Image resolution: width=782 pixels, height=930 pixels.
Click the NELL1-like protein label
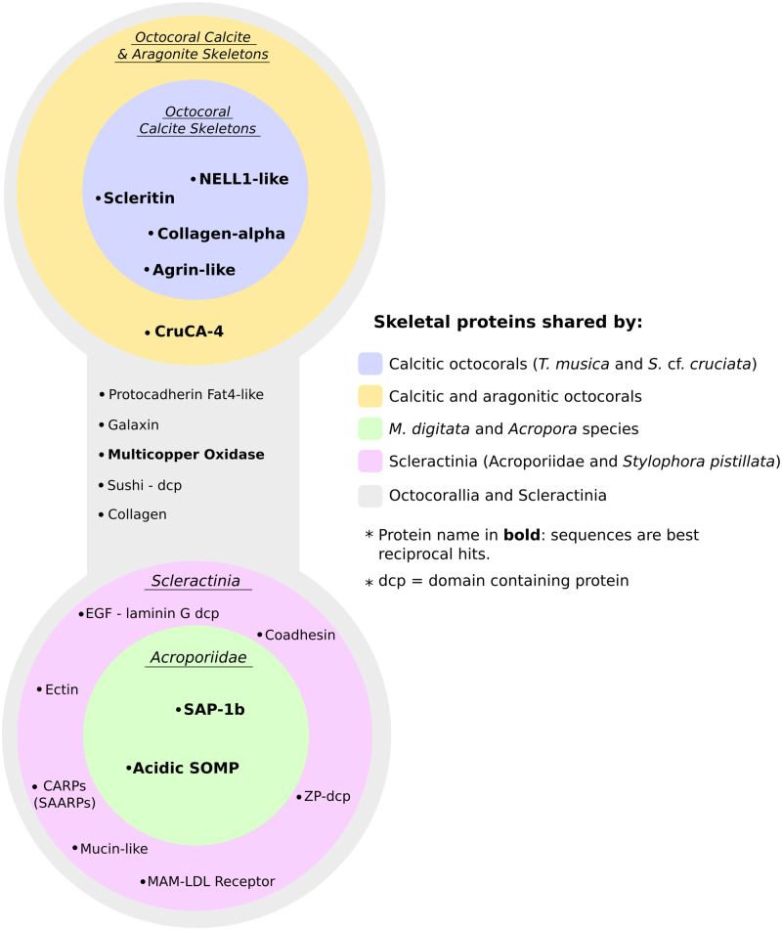pos(243,179)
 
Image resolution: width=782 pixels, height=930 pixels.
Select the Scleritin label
pos(139,199)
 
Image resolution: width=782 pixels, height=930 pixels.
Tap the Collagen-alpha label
pos(221,234)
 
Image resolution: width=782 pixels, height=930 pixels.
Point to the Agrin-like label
pos(194,269)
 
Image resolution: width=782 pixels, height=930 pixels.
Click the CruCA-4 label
pos(190,332)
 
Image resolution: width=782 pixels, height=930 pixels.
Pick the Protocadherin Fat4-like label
pos(186,394)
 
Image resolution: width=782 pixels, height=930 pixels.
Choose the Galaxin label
pos(133,425)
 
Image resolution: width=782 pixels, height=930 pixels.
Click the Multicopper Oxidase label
pos(186,455)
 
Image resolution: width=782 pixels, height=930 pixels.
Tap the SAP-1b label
pos(213,709)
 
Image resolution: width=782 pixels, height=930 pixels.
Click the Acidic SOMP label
pos(186,769)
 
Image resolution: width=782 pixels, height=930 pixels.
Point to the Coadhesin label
pos(300,635)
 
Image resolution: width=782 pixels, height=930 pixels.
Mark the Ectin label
pos(62,689)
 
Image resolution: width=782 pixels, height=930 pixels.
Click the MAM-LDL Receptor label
pos(210,882)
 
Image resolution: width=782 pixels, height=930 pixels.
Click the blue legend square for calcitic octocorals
pos(370,364)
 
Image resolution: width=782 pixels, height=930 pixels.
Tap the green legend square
pos(370,429)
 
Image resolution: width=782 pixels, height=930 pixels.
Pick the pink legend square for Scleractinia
pos(370,463)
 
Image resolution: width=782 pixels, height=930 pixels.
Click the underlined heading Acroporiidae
pos(199,657)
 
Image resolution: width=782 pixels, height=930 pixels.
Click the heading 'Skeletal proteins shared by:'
pos(507,322)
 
